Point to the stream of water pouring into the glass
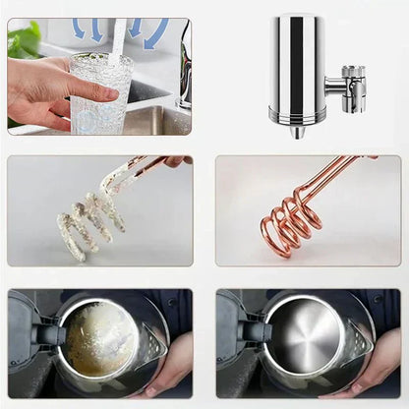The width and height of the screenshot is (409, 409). point(117,39)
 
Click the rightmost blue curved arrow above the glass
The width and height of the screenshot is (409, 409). point(156,34)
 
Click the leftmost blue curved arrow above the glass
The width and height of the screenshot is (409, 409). point(79,29)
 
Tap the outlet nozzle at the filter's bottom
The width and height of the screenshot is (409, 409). point(296,131)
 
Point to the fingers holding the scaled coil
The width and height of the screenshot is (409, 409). point(175,160)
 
